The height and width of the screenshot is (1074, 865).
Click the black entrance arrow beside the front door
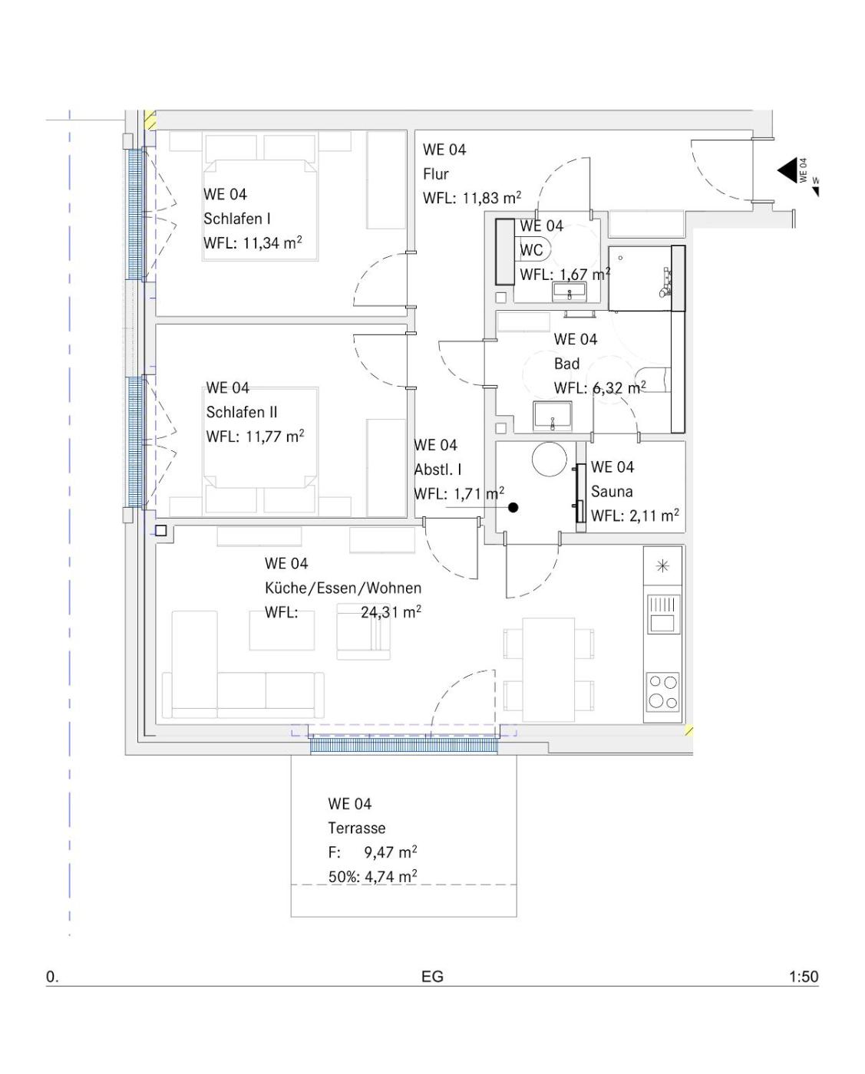788,170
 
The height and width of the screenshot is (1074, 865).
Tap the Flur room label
435,174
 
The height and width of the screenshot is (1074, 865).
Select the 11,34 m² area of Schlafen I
272,243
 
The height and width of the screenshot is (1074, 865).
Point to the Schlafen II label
242,412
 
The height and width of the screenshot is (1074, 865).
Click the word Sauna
612,492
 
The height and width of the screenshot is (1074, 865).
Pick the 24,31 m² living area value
391,612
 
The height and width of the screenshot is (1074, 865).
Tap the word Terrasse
357,829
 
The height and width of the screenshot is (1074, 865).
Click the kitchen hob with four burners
662,691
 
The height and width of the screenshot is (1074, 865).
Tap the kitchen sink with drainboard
663,614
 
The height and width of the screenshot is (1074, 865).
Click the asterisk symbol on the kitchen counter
662,566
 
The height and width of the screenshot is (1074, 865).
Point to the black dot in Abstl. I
513,508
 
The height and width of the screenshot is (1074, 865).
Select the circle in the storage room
550,459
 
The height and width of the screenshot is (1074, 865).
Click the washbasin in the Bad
553,415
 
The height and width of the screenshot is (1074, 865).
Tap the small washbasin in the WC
570,291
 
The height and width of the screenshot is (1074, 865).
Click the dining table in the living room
548,669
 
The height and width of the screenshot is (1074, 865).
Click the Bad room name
567,364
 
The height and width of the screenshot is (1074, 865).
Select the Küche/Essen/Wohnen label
343,588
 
